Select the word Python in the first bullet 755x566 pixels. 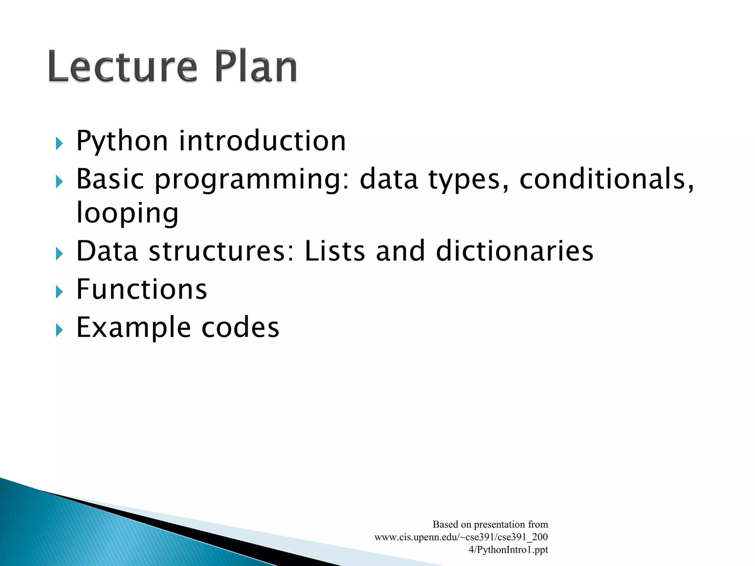122,141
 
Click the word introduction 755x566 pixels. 262,141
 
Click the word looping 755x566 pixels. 127,213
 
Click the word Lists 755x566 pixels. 335,251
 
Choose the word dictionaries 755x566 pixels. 515,251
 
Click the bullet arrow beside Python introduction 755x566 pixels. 59,143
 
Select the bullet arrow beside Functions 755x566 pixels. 59,292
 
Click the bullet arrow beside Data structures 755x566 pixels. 59,254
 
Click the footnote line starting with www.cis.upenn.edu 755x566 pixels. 461,537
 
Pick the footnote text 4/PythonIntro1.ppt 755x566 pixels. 508,549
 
